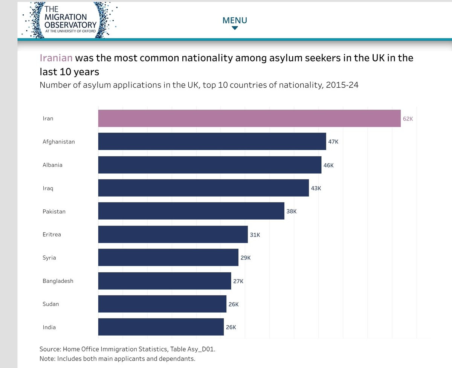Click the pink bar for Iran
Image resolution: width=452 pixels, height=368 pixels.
coord(249,118)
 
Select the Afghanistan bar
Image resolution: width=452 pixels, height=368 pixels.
coord(212,141)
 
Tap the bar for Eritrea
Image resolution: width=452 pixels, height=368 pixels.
coord(173,234)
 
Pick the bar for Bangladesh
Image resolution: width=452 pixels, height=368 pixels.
coord(165,281)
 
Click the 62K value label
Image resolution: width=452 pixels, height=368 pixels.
coord(408,119)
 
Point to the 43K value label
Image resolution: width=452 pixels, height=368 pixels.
coord(316,188)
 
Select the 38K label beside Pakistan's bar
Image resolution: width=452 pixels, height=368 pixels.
coord(292,211)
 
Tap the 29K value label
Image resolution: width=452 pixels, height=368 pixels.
coord(246,258)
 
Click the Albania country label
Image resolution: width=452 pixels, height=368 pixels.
coord(52,165)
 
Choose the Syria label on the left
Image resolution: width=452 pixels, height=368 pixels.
coord(49,258)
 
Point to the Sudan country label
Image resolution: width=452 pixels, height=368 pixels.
coord(51,304)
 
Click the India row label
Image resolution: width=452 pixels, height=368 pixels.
coord(49,327)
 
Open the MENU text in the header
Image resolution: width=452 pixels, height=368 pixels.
coord(235,20)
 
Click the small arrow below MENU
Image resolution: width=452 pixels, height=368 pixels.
coord(235,28)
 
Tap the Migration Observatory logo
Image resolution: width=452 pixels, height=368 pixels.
coord(70,20)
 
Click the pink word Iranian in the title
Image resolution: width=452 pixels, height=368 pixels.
coord(56,58)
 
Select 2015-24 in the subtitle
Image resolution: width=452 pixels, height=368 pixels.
coord(342,85)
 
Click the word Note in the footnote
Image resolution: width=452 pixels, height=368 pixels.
coord(46,359)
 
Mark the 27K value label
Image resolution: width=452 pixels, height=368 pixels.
coord(238,281)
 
